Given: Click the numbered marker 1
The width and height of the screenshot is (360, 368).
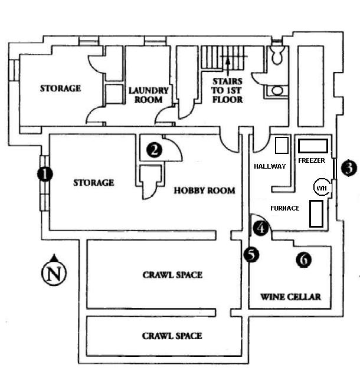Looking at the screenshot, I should point(44,174).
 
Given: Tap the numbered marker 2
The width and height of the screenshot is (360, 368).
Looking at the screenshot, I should point(155,150).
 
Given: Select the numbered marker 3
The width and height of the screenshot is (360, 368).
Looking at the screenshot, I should point(349,167).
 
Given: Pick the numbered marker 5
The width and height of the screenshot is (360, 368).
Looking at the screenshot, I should point(251,255).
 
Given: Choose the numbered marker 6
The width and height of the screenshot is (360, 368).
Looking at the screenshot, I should point(303,258).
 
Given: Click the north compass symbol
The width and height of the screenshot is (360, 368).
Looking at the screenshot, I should point(54,272).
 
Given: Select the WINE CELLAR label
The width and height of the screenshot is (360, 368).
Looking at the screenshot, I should point(290,297).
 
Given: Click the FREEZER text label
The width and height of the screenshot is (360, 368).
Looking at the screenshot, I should point(312,159).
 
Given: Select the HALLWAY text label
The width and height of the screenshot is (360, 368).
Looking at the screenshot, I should point(269,166).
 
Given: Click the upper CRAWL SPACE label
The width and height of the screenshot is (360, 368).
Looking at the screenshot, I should point(172,275).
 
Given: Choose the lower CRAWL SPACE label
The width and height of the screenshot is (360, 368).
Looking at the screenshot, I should point(172,336).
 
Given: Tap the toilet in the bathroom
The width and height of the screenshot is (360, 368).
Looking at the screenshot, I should point(276,55).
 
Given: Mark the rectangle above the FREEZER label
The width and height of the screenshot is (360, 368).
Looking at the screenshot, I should point(312,145).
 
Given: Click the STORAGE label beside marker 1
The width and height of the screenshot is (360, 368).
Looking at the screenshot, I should point(93,183).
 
